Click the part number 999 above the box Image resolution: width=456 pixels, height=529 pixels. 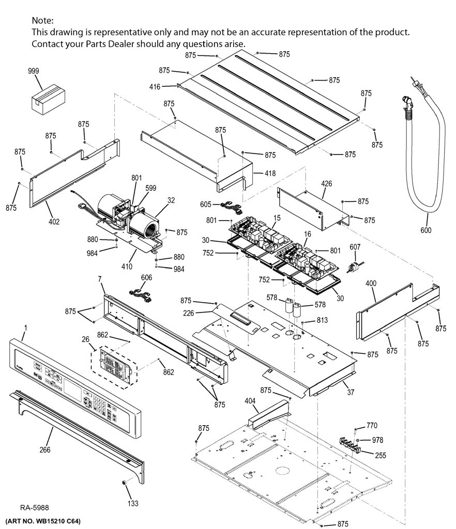pos(34,71)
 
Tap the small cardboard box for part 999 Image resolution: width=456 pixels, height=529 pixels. pos(48,100)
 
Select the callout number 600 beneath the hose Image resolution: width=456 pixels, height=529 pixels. pos(426,230)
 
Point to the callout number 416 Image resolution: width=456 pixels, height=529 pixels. pos(155,87)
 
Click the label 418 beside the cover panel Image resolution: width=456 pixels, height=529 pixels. pos(270,173)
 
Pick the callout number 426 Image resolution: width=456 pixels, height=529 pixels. pos(326,183)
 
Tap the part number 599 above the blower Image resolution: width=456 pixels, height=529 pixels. pos(151,188)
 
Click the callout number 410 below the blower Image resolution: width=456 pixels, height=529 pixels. pos(127,267)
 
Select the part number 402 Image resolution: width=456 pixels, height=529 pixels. pos(54,222)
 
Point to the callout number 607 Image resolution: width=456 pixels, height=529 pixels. pos(355,247)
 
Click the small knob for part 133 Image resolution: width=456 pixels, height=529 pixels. pos(125,483)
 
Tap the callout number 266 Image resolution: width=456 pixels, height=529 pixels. pos(45,450)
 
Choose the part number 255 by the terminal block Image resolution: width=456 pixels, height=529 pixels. pos(381,456)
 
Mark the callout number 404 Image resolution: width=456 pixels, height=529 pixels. pos(250,401)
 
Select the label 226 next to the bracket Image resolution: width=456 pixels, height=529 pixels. pos(189,313)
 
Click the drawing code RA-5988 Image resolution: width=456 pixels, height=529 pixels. pos(35,507)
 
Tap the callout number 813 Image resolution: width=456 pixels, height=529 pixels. pos(322,320)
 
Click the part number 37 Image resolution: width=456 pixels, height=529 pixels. pos(351,392)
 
